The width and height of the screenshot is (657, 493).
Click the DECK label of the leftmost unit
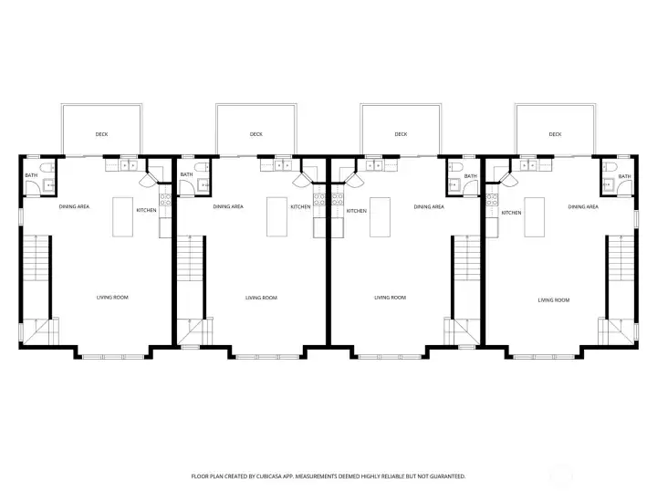point(101,134)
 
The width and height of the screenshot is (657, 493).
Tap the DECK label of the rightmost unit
point(555,134)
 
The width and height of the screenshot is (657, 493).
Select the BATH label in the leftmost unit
point(31,175)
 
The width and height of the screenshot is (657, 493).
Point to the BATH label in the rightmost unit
point(624,176)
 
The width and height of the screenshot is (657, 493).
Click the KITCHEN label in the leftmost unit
point(146,211)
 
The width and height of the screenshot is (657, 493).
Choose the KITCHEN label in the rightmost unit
point(511,213)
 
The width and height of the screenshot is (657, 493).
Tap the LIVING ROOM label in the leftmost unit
point(112,298)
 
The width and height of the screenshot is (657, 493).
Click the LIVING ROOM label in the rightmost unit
point(553,299)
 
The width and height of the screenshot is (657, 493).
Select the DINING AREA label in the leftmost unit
point(74,207)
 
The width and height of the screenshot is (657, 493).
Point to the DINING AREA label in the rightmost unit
point(582,207)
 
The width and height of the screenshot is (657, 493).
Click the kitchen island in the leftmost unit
point(123,217)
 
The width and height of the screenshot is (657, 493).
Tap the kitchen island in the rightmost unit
point(534,217)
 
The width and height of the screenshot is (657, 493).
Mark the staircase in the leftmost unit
point(36,260)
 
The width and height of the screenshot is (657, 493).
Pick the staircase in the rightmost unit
point(620,260)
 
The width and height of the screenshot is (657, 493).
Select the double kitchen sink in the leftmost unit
point(128,166)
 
